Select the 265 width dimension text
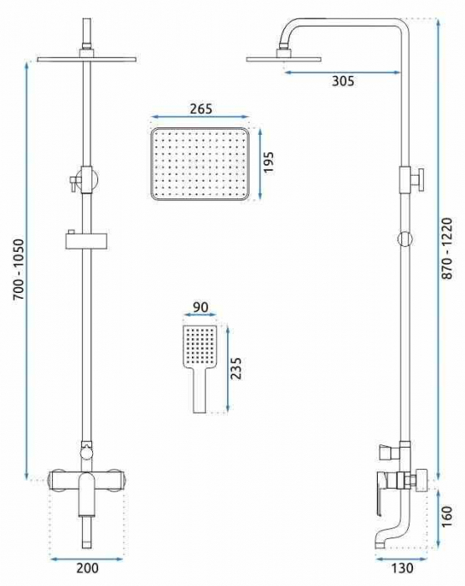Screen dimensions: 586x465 (201, 109)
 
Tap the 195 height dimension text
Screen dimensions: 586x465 (269, 162)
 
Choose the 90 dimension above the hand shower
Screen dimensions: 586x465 (200, 307)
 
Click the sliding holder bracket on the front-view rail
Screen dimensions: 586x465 (87, 242)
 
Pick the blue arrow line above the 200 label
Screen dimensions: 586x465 (86, 556)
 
